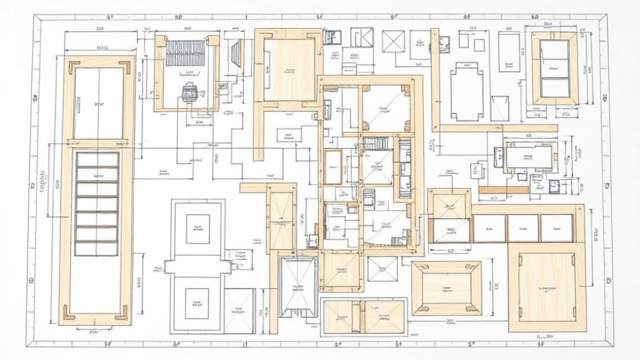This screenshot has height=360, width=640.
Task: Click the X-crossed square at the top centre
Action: point(393,41)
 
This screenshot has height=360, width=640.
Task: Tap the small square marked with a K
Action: point(361,37)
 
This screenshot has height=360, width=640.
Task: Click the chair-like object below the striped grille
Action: point(189,92)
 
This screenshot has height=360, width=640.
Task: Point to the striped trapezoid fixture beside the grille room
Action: point(237,53)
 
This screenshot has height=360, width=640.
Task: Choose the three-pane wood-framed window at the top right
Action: point(555,68)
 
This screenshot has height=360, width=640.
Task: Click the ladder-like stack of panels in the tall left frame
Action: point(97,203)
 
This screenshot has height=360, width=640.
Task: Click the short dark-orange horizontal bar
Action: point(503,190)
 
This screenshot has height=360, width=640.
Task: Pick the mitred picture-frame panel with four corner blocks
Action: point(447,288)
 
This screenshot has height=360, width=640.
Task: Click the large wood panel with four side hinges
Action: point(547,287)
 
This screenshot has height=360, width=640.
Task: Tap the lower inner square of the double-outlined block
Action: point(197,303)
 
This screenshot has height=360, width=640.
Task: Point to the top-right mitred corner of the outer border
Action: point(603,21)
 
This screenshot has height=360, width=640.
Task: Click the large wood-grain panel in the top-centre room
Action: point(290,70)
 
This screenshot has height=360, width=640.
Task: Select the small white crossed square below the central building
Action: point(383,269)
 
